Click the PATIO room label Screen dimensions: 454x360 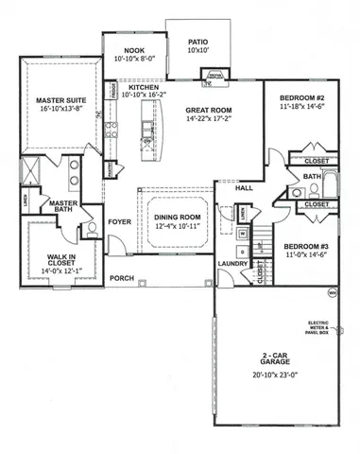(197, 42)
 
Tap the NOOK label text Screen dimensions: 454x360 (127, 51)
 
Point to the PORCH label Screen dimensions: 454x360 (121, 278)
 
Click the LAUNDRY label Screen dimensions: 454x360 (231, 264)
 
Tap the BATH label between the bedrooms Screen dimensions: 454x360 (313, 176)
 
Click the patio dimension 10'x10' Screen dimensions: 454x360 (197, 50)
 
